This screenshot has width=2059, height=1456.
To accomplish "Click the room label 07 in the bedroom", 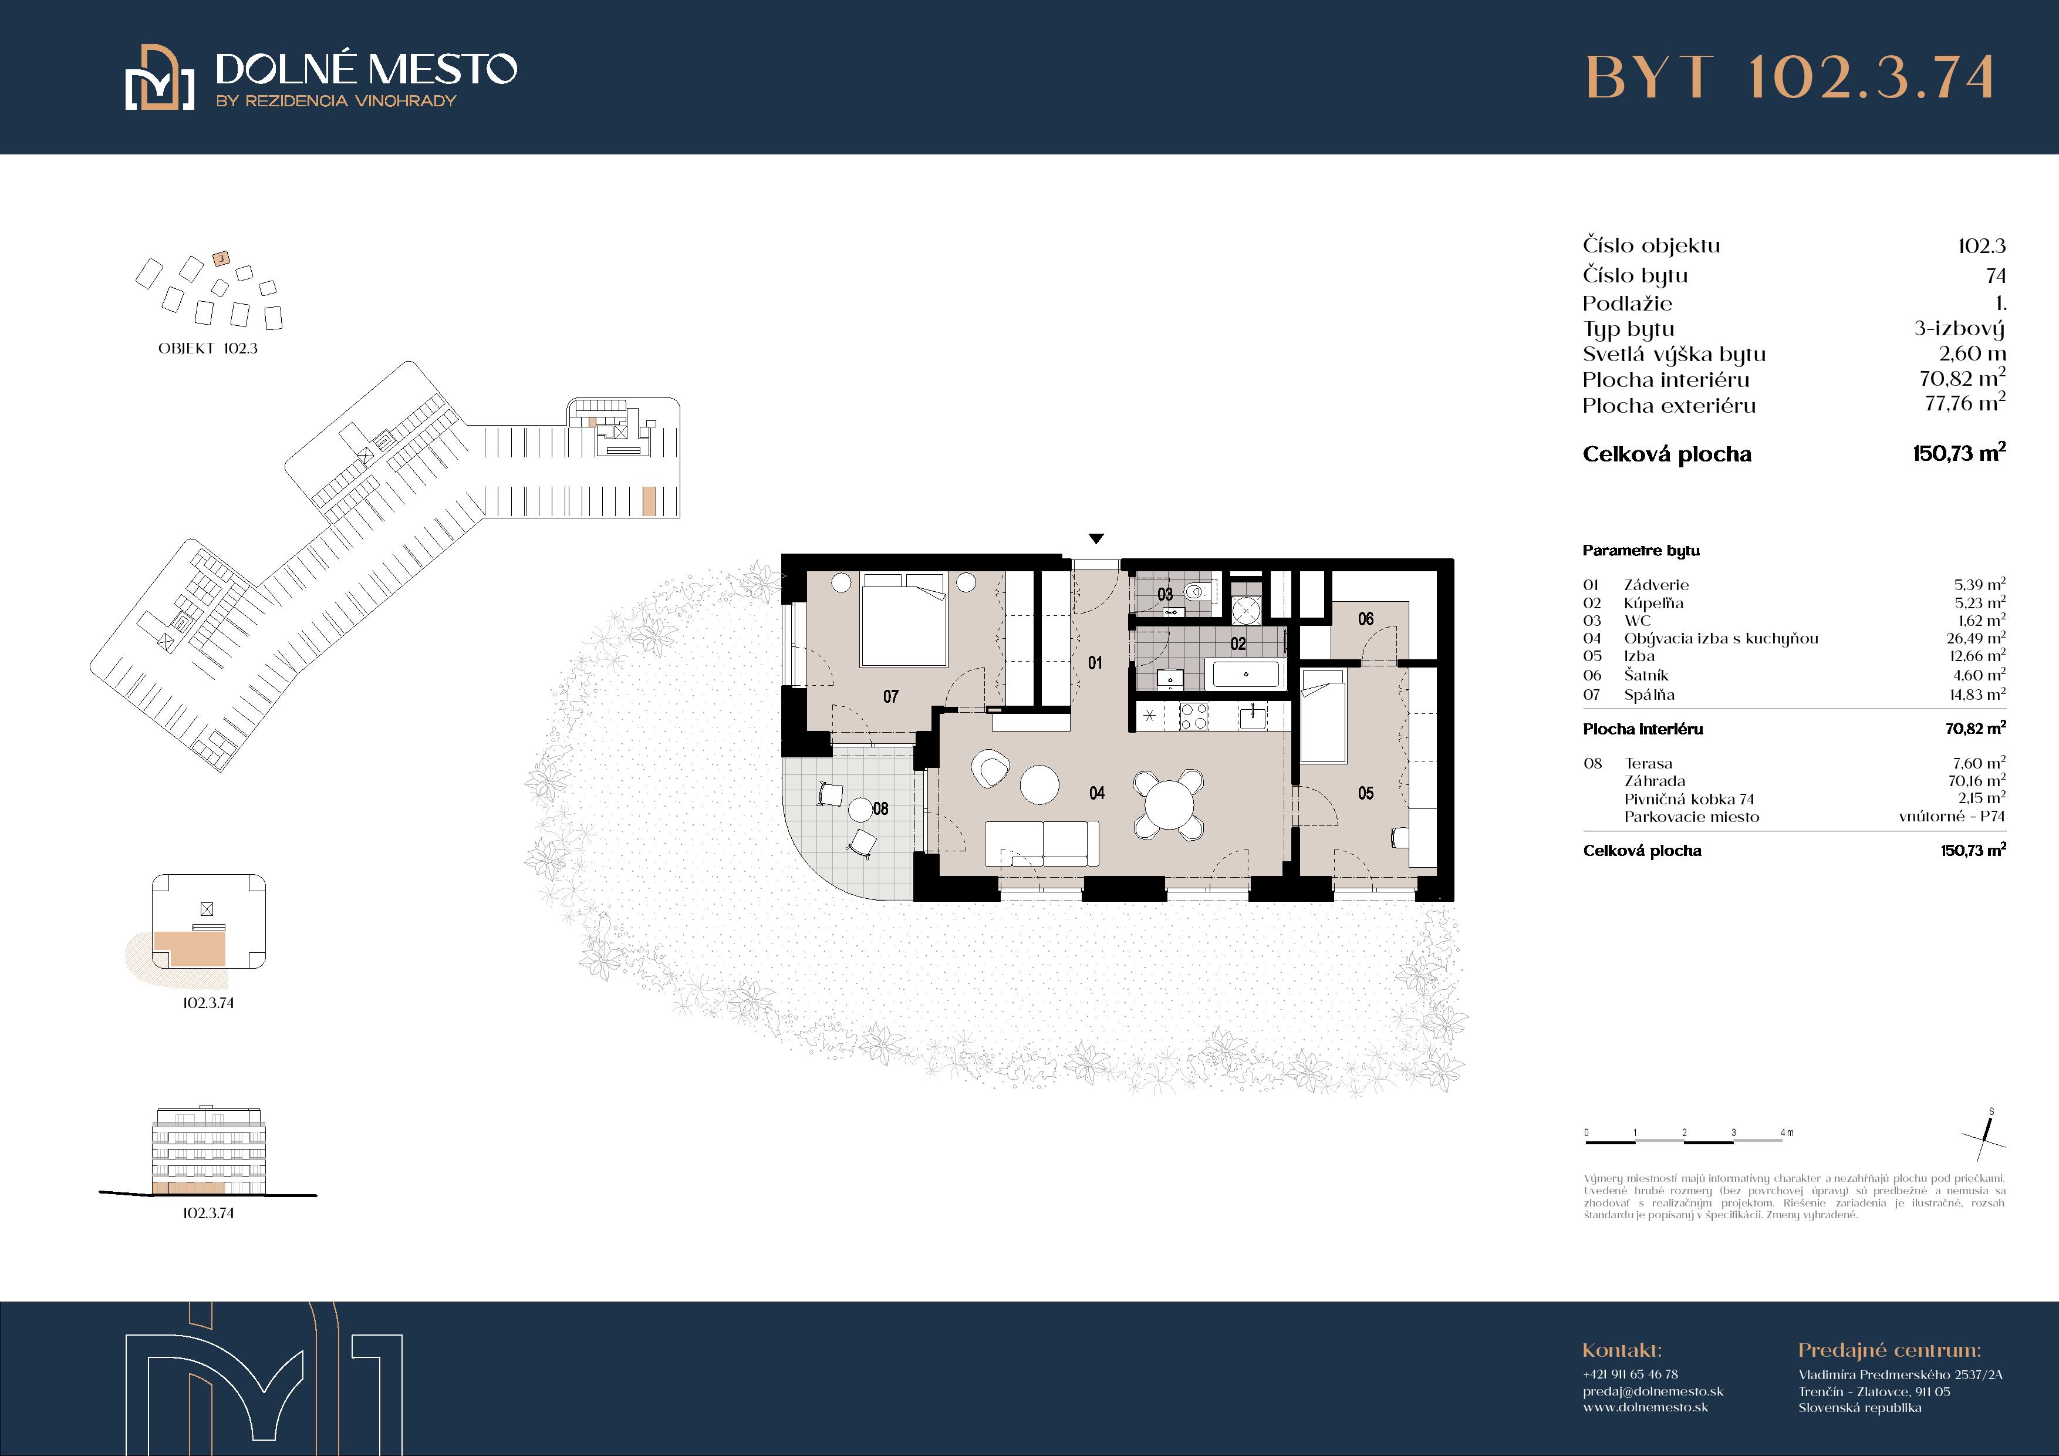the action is (x=890, y=696).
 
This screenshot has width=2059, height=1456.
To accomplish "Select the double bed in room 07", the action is (x=904, y=619).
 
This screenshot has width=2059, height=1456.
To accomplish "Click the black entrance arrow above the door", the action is (x=1096, y=538).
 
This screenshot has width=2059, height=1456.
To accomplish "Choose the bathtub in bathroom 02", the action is (x=1245, y=673).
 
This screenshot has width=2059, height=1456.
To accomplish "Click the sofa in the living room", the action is (x=1042, y=843).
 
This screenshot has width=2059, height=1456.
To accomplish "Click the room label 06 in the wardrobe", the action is (x=1366, y=618).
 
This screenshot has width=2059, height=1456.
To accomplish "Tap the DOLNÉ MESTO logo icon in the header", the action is (x=160, y=77).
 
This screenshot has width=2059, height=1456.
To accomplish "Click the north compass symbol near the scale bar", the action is (x=1984, y=1140).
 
